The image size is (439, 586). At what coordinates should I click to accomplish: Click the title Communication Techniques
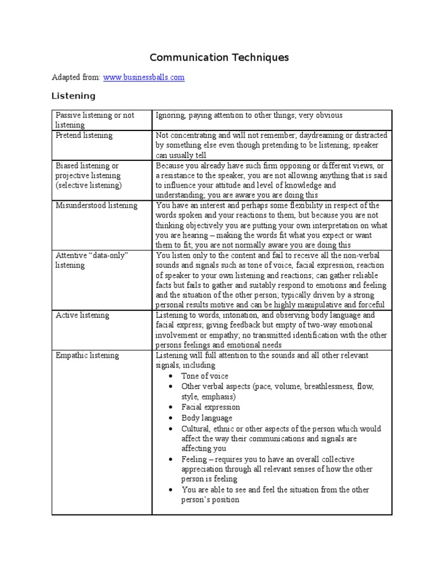click(219, 57)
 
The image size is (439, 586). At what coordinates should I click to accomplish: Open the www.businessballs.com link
click(143, 77)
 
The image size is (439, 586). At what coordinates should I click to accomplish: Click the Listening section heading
click(73, 96)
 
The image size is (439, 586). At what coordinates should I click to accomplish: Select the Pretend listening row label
click(84, 136)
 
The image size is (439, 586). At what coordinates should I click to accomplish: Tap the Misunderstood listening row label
click(96, 205)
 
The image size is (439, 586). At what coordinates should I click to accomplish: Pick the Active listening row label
click(82, 315)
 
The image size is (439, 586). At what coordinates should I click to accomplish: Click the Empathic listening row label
click(87, 355)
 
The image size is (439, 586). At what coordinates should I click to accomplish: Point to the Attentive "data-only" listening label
click(91, 260)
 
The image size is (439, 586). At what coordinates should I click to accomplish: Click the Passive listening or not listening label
click(94, 120)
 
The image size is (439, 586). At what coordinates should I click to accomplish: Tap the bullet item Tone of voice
click(205, 376)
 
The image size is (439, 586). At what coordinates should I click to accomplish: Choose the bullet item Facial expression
click(210, 407)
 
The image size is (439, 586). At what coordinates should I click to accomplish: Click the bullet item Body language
click(206, 418)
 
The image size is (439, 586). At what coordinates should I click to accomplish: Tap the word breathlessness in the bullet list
click(325, 387)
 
